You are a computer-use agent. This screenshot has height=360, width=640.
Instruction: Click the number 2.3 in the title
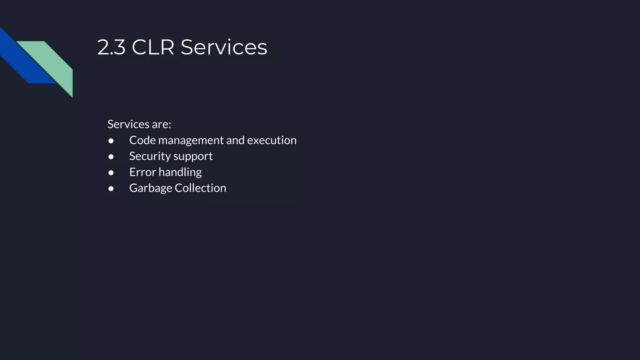coord(111,47)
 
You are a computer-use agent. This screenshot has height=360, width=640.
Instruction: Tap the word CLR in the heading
coord(153,47)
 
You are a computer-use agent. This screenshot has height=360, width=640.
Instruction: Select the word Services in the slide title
coord(224,47)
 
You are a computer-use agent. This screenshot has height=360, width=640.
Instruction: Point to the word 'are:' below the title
coord(162,124)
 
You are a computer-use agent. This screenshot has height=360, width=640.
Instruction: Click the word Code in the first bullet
coord(142,140)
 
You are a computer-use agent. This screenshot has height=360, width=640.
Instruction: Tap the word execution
coord(272,140)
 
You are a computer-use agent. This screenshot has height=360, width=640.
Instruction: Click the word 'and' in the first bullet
coord(235,140)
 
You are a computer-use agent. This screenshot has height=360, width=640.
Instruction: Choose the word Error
coord(142,172)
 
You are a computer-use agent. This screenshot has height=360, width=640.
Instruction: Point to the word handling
coord(180,172)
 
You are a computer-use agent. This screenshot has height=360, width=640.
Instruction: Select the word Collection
coord(200,188)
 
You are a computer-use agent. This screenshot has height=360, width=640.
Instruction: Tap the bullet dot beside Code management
coord(111,141)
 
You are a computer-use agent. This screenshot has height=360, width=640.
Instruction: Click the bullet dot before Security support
coord(111,157)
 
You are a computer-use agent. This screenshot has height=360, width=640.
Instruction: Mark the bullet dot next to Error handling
coord(111,173)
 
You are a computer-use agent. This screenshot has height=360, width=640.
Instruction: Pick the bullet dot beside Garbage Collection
coord(111,189)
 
